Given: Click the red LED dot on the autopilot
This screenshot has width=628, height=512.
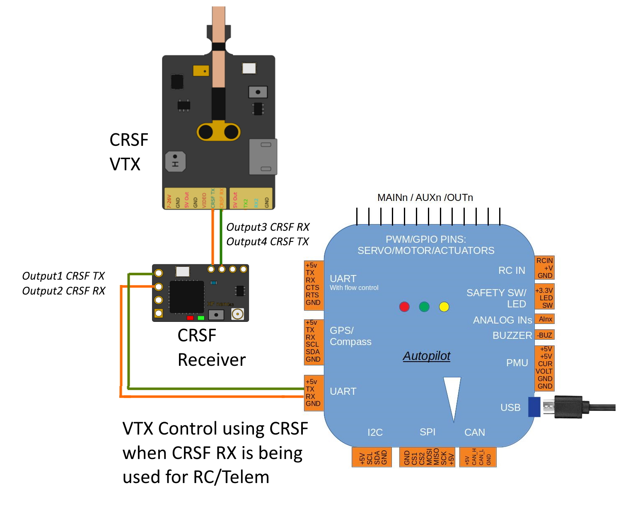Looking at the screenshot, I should click(x=404, y=307).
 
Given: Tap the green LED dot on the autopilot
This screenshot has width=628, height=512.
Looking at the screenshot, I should click(x=424, y=307).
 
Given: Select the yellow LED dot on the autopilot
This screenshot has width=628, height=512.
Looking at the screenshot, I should click(x=444, y=307).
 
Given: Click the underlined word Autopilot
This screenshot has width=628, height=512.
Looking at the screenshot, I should click(x=427, y=356).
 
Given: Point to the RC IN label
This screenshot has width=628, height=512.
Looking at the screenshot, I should click(x=512, y=270).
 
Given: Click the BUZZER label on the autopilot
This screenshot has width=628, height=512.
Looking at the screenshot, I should click(x=512, y=336).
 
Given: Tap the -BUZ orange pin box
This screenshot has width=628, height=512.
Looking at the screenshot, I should click(x=545, y=335).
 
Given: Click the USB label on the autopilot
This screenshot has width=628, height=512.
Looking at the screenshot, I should click(x=510, y=408).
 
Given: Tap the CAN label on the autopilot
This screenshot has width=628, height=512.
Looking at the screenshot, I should click(x=475, y=432).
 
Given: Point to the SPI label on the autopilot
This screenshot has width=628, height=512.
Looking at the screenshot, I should click(x=428, y=432).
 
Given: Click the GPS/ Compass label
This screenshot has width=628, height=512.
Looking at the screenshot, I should click(x=350, y=336).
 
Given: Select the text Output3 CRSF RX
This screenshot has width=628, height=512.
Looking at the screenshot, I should click(x=268, y=227).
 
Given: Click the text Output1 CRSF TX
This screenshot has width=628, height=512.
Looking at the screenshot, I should click(x=63, y=276).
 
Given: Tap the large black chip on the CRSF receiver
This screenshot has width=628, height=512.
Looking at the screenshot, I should click(x=186, y=297).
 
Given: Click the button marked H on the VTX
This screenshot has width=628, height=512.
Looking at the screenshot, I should click(x=175, y=162).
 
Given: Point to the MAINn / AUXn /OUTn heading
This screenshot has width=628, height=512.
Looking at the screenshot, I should click(x=425, y=198).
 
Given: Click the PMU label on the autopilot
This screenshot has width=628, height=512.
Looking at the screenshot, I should click(x=517, y=363).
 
